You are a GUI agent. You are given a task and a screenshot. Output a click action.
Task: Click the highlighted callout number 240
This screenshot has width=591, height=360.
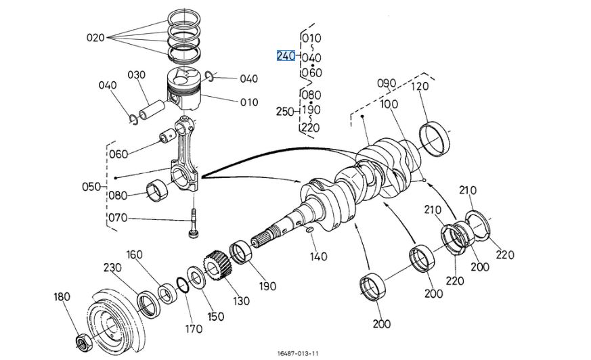point(286,55)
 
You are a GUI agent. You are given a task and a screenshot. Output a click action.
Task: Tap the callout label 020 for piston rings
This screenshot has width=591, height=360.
point(95,38)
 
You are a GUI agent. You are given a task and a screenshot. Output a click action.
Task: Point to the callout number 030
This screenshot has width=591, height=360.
point(137,74)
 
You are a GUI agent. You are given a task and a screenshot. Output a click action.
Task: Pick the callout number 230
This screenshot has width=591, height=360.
point(112,267)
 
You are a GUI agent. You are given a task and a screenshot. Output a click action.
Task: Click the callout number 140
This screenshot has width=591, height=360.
point(318,256)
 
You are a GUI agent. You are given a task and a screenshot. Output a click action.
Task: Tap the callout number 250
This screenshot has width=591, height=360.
point(286,110)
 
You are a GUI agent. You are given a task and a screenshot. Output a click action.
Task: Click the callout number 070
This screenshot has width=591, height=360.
point(118,218)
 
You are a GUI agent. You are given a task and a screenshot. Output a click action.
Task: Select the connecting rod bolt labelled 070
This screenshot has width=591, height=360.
point(193,224)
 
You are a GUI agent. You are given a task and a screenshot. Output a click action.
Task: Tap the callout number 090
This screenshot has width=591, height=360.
point(386,83)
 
